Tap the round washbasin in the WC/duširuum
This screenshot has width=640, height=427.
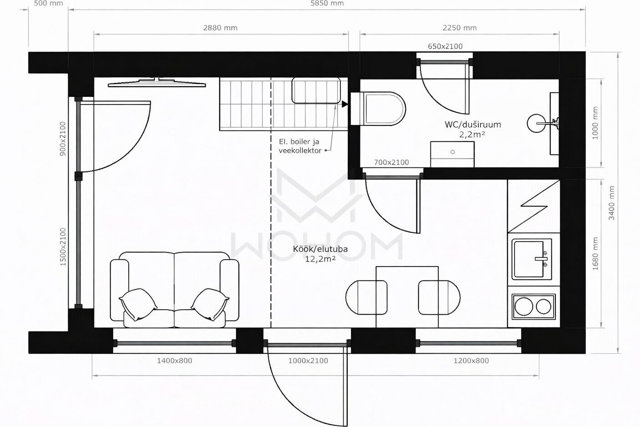click(x=536, y=123)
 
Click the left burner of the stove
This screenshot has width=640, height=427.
click(x=524, y=306)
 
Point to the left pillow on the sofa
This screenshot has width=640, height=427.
click(x=138, y=304)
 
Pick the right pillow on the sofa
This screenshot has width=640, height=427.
click(x=210, y=304)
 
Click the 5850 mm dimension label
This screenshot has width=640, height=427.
click(x=327, y=4)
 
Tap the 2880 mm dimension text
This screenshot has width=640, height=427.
click(x=220, y=28)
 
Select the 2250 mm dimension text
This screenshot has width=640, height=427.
click(x=460, y=28)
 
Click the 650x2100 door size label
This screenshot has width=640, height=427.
click(x=445, y=46)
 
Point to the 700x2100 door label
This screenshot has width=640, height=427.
click(x=391, y=162)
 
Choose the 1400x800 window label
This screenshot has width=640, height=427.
click(x=175, y=361)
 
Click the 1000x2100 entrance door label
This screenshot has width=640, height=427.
click(x=308, y=361)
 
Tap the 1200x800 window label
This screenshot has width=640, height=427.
click(x=471, y=361)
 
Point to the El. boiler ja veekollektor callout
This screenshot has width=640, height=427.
click(x=300, y=146)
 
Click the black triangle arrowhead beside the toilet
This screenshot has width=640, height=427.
click(x=345, y=104)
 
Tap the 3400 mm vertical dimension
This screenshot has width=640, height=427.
click(x=611, y=203)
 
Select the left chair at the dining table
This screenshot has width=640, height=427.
click(x=366, y=297)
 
